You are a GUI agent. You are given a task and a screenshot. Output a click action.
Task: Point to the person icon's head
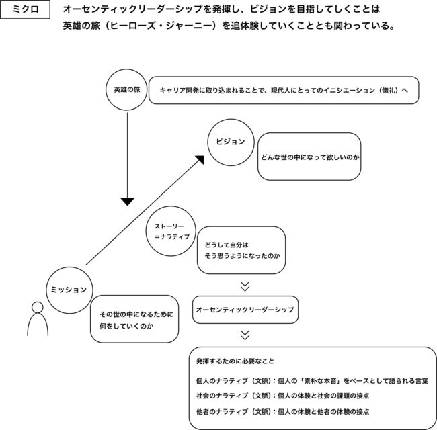click(38, 308)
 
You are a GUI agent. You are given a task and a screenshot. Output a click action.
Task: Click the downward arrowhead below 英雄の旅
click(127, 202)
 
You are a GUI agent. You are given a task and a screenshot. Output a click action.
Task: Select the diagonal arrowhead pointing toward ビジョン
click(200, 160)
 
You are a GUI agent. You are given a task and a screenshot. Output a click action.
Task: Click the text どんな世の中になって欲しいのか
click(310, 157)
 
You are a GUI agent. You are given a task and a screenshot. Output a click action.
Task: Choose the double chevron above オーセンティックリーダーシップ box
click(245, 286)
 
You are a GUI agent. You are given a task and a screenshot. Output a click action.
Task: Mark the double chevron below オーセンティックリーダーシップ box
click(245, 335)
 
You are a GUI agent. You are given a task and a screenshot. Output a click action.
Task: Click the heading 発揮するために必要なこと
click(235, 361)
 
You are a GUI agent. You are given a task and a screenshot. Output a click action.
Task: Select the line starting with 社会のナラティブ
click(282, 396)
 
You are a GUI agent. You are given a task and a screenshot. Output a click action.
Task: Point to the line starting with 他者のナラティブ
click(282, 411)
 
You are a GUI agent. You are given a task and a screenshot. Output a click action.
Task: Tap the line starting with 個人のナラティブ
click(312, 381)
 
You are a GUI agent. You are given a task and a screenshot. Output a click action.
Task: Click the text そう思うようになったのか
click(242, 256)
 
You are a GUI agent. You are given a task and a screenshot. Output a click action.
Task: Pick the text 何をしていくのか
click(126, 326)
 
